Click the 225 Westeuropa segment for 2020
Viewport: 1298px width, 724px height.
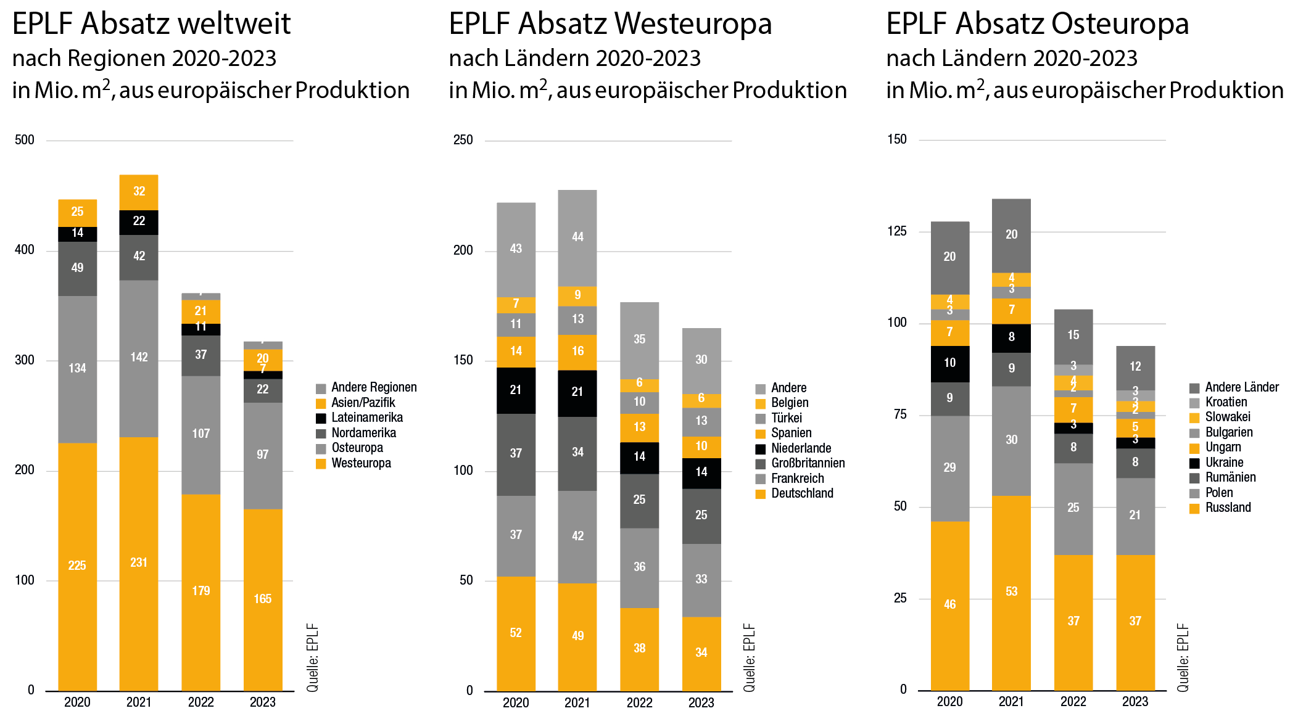77,566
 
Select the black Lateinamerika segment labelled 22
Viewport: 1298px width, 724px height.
139,221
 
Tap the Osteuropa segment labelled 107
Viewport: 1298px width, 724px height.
200,434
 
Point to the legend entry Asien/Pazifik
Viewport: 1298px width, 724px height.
363,403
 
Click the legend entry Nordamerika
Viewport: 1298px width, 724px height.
363,433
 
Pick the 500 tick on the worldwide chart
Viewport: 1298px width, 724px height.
25,140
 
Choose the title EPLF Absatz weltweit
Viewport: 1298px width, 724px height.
151,24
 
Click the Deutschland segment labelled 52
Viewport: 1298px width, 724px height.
516,633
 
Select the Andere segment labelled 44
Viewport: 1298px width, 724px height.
577,237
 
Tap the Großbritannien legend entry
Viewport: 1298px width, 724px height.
808,463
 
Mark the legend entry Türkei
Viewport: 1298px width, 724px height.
786,418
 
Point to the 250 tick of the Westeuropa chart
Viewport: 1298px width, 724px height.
463,140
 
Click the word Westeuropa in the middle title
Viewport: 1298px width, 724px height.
693,24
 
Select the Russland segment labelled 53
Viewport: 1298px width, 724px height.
1011,591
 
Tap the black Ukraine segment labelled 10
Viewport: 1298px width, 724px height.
949,363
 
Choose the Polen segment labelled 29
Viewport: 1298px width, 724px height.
949,467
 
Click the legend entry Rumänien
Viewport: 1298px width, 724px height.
1230,477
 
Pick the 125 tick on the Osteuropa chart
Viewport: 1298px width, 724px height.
897,231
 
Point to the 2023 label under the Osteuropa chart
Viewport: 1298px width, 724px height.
1135,702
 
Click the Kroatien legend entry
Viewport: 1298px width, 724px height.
1226,402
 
